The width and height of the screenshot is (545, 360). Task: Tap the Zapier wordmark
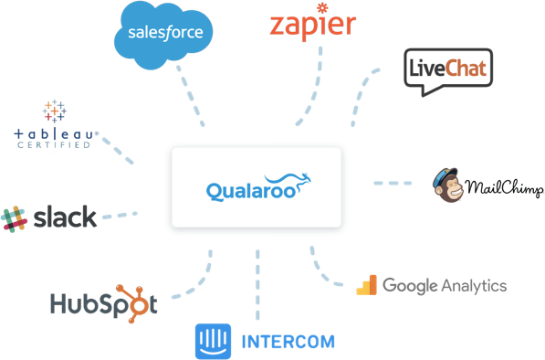313,26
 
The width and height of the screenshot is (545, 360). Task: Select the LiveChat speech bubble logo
448,70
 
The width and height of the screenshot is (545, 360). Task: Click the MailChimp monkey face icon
447,184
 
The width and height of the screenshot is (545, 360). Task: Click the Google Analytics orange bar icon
366,285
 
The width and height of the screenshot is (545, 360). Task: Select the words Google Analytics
445,285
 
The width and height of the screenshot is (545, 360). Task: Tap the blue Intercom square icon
208,341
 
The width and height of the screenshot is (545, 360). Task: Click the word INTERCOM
288,343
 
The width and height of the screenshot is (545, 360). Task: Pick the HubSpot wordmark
104,303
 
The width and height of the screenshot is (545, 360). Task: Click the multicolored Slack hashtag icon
15,218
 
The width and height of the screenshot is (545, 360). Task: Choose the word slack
64,217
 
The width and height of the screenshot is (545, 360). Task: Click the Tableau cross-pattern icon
54,111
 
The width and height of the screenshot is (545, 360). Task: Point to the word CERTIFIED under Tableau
52,145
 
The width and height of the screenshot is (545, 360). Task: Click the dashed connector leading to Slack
120,217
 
